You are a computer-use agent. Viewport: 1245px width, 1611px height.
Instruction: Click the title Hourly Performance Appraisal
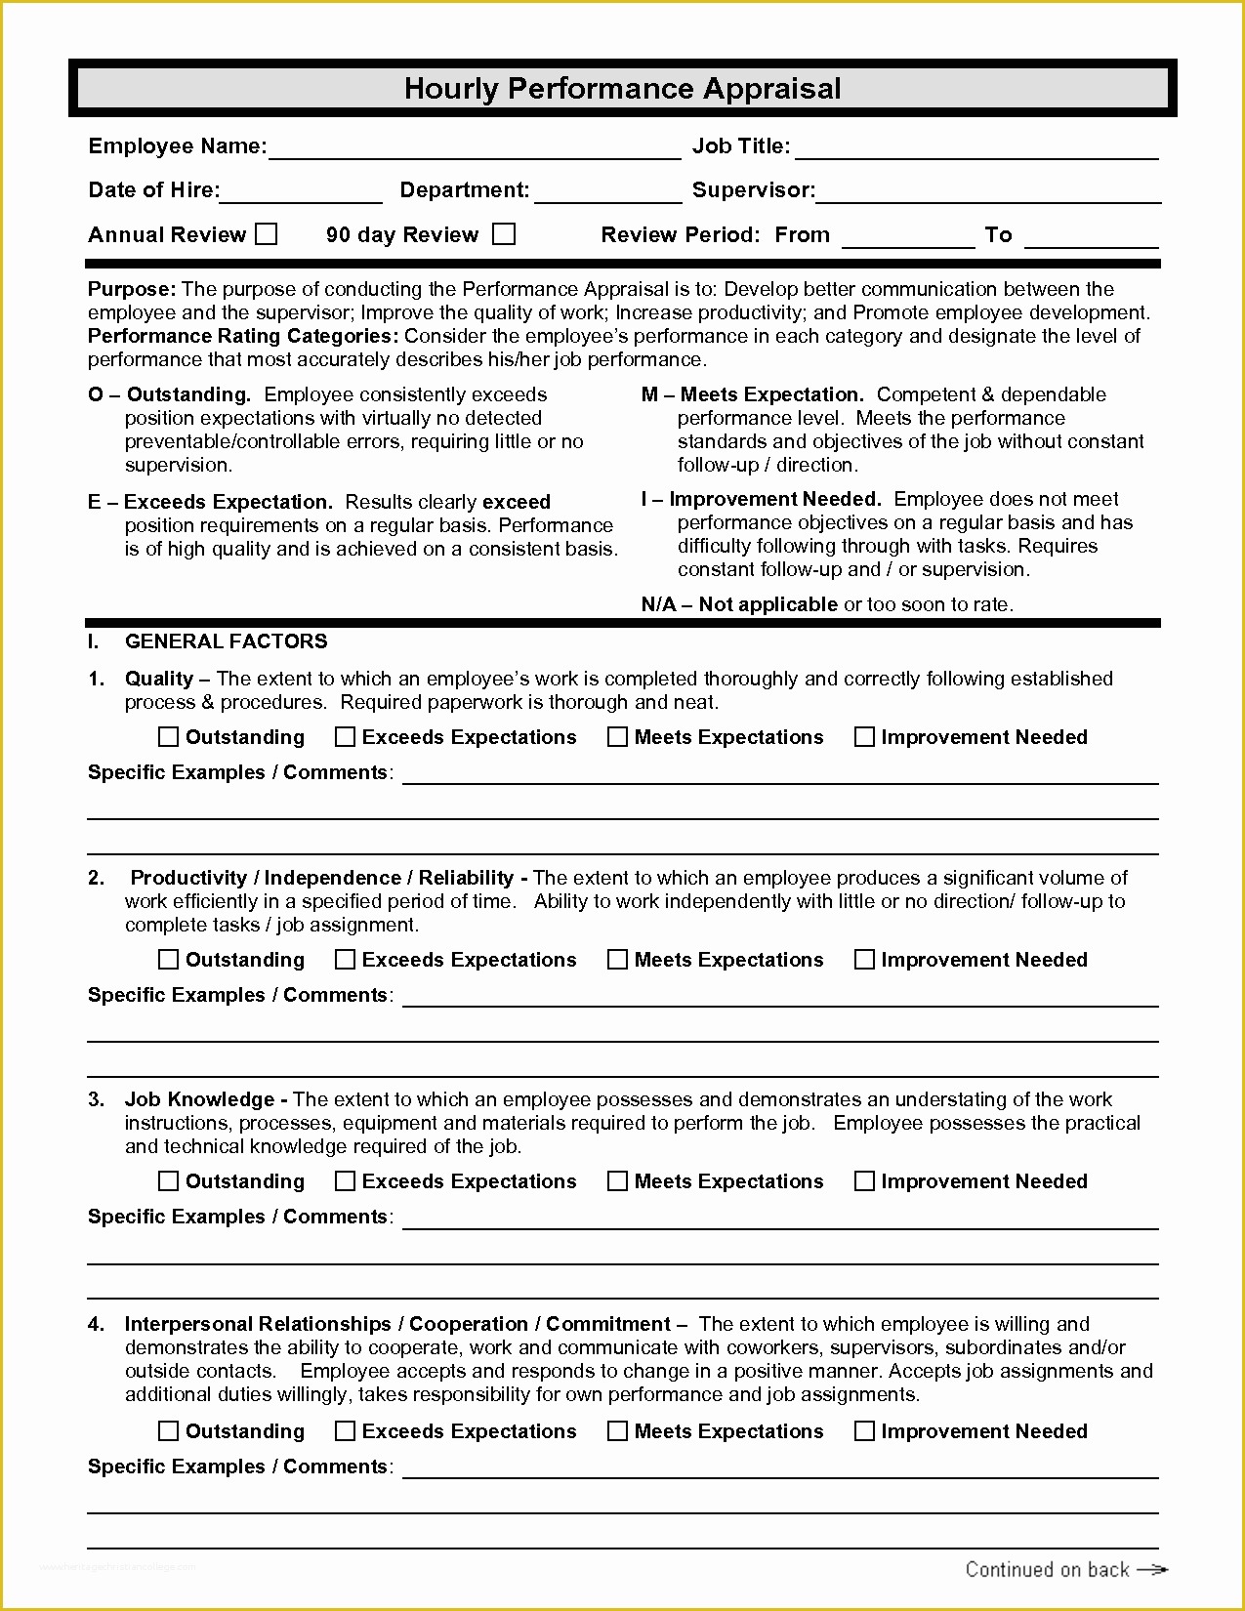tap(622, 89)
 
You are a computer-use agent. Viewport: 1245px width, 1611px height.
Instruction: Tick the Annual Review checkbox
tap(266, 234)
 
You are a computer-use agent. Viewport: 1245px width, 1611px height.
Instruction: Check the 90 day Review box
tap(504, 234)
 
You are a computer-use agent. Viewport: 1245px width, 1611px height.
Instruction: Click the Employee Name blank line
tap(475, 148)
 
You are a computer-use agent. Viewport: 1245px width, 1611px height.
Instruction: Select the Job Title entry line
tap(976, 148)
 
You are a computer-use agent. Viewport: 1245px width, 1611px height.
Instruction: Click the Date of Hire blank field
tap(301, 192)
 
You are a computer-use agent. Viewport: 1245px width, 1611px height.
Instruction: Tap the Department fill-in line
tap(607, 192)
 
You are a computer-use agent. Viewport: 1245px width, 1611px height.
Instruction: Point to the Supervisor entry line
tap(988, 192)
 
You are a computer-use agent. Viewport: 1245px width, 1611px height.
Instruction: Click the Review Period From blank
tap(908, 237)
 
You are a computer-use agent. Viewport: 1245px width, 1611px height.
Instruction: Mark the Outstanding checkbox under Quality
tap(169, 737)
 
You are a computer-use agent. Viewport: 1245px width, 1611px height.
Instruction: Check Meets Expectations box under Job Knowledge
tap(617, 1181)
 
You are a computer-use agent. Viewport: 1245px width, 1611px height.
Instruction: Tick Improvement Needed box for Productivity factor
tap(864, 960)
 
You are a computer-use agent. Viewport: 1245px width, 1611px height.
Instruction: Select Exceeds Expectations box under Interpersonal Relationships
tap(345, 1431)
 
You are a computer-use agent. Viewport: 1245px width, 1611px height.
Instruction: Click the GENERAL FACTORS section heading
tap(226, 641)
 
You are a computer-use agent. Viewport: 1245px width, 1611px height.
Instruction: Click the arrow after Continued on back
tap(1152, 1569)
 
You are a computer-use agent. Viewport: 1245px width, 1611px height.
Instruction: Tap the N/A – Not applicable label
tap(739, 604)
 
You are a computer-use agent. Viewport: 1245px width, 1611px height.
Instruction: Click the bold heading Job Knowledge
tap(199, 1099)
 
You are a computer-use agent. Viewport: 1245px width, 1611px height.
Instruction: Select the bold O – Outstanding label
tap(169, 394)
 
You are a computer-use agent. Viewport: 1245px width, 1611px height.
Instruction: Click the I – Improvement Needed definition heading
tap(761, 499)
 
